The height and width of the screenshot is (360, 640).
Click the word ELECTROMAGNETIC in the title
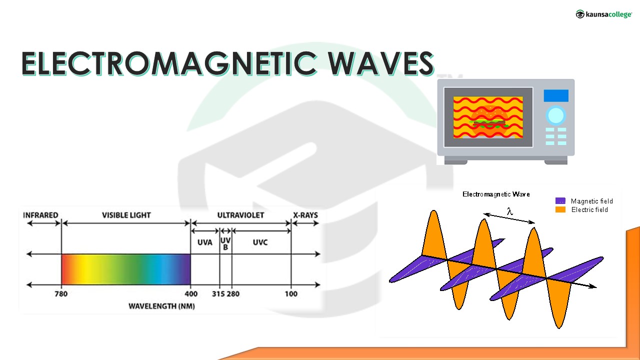click(x=169, y=63)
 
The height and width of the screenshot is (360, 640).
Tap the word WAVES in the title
click(x=381, y=63)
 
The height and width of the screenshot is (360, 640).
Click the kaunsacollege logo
click(x=603, y=14)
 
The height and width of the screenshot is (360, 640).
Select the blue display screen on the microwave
click(x=556, y=95)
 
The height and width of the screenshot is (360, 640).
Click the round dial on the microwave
click(x=555, y=115)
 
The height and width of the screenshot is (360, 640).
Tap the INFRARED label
click(x=40, y=215)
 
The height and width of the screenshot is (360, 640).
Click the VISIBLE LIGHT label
click(x=126, y=215)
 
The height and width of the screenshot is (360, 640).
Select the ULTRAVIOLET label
click(x=240, y=215)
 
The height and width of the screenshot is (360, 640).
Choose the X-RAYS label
click(x=305, y=215)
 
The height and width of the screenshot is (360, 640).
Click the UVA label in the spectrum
click(x=205, y=242)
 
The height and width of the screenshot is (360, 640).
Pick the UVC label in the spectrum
click(x=260, y=242)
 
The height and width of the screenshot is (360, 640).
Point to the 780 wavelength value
click(x=61, y=293)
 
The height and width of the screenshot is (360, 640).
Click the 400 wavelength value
click(x=191, y=293)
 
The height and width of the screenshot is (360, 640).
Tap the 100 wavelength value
click(x=291, y=293)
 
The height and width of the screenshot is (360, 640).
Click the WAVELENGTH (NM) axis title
click(x=161, y=306)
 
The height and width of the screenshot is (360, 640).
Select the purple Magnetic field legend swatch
click(x=560, y=200)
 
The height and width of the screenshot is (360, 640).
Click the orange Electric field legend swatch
click(x=560, y=209)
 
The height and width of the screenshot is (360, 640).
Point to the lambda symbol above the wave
click(x=509, y=211)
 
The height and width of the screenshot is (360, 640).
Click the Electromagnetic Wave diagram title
click(x=496, y=194)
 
